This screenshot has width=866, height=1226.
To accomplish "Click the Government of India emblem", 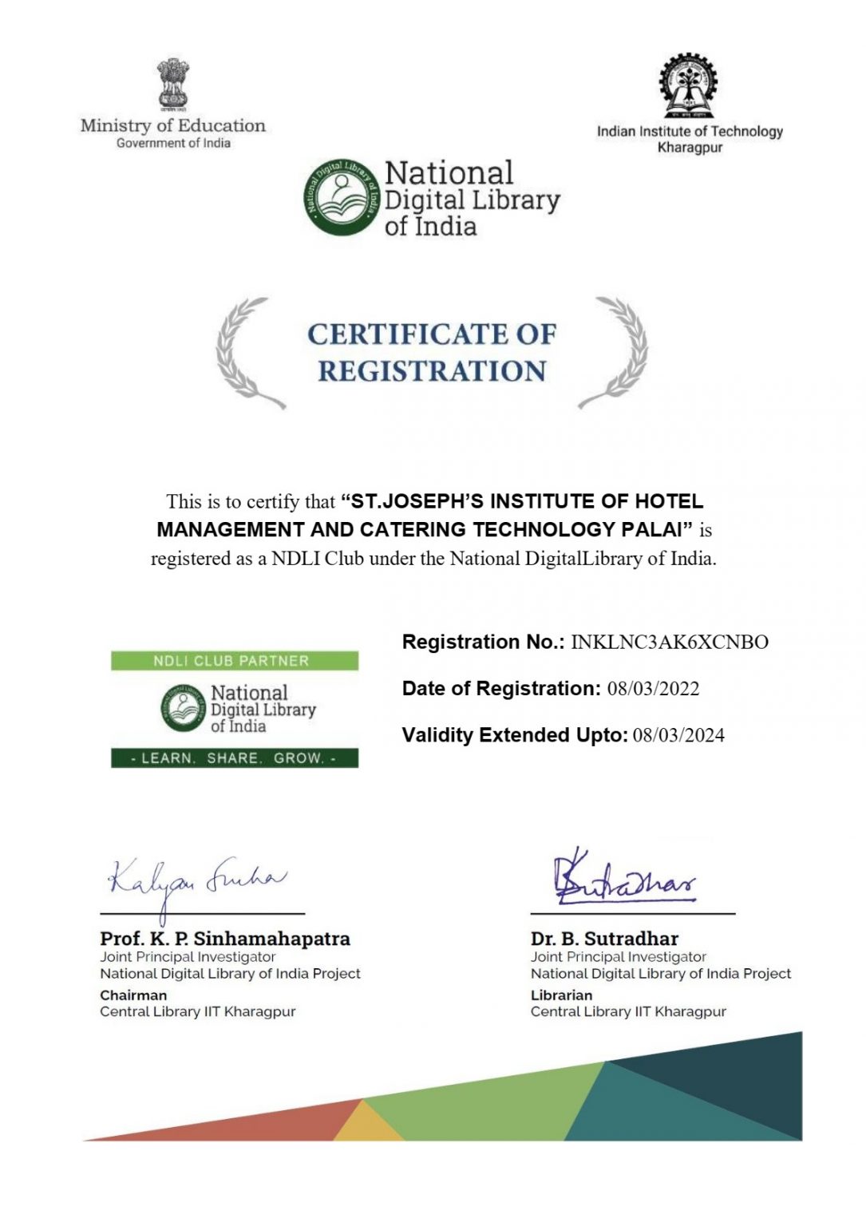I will coord(172,85).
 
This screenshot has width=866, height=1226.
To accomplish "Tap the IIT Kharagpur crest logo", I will coord(688,86).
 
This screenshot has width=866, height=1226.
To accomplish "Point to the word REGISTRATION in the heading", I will coord(432,371).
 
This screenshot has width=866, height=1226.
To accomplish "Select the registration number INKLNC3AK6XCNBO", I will coord(670,643).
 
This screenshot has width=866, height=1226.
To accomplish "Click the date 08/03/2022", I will coord(653,689).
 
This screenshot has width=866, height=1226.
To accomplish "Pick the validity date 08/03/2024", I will coord(678,735).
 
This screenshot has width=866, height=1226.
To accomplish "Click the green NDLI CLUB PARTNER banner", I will coord(234,661).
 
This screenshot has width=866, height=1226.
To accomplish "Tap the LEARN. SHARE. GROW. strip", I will coord(234,758).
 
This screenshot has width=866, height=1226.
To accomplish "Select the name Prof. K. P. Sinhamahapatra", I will coord(225,939).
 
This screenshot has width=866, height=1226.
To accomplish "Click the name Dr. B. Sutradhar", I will coord(604,939).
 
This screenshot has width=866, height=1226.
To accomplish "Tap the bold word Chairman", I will coord(133,995).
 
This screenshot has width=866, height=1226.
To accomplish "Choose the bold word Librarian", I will coord(561,995).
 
